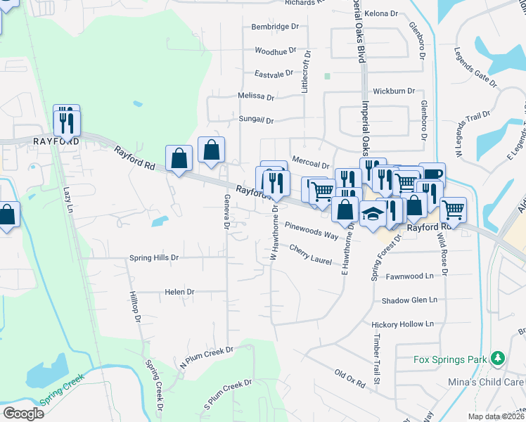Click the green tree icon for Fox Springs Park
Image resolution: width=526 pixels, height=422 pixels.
click(x=498, y=359)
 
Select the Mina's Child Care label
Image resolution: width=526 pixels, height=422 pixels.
click(x=486, y=382)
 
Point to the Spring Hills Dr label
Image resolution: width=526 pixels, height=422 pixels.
click(x=154, y=258)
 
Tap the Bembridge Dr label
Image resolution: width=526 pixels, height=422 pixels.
click(x=276, y=27)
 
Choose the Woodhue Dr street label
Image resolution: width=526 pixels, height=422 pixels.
click(x=276, y=51)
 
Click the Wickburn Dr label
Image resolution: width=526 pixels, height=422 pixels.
click(x=394, y=91)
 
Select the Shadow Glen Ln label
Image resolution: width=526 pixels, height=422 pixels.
click(x=409, y=300)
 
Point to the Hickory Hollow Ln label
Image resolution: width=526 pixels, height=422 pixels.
click(x=403, y=324)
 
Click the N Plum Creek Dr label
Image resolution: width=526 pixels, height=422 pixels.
click(x=206, y=357)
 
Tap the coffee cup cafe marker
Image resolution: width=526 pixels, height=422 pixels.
click(x=432, y=174)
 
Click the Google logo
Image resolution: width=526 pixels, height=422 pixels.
click(x=23, y=413)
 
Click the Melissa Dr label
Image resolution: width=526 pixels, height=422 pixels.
click(x=256, y=96)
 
